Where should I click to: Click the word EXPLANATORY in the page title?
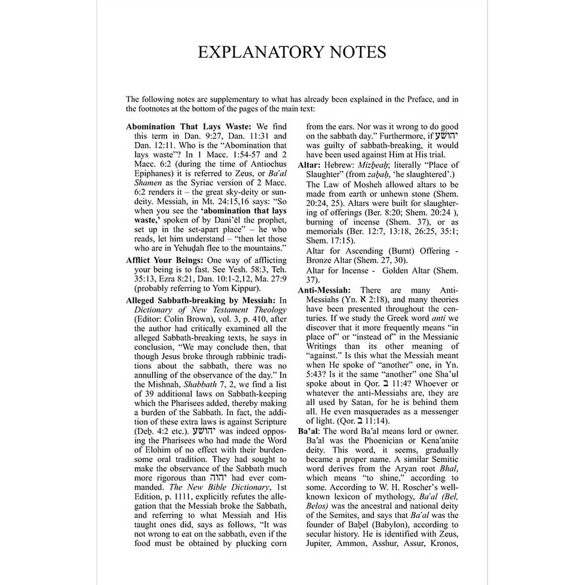(262, 52)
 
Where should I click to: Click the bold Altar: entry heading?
(310, 165)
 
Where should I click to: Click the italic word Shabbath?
(200, 384)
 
